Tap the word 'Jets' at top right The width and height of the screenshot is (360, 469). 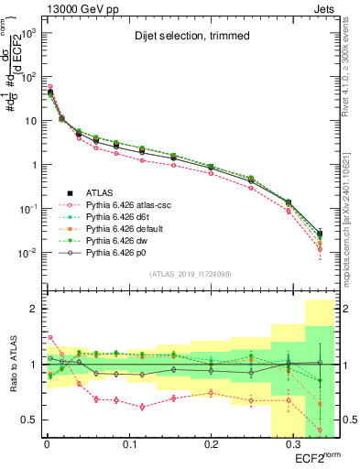click(322, 8)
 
